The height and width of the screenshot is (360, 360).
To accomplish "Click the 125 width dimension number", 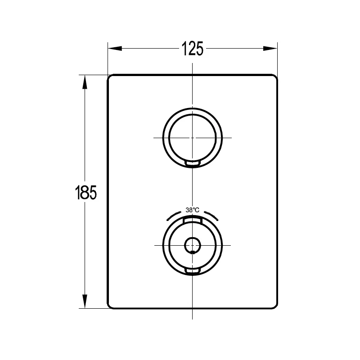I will coord(192,48).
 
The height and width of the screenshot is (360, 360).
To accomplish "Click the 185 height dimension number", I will coord(85,193).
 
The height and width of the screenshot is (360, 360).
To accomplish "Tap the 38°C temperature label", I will coord(193,210).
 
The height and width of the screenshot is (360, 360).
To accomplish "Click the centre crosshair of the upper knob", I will coord(193,137).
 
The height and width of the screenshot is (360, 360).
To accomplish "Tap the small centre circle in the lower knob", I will coord(193,245).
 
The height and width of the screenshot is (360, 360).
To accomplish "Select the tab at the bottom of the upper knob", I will coord(193,163).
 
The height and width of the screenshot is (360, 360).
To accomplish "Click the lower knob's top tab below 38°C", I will coord(193,220).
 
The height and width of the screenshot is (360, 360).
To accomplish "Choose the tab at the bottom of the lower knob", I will coord(193,270).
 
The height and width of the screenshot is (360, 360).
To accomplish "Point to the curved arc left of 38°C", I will coord(173,215).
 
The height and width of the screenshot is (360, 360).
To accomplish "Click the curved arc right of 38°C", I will coord(212,215).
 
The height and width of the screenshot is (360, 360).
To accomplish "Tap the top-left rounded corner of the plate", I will coord(110,77).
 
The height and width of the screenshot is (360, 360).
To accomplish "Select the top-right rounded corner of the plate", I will coord(274,77).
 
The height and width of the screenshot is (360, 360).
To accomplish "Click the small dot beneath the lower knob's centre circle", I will coord(193,252).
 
